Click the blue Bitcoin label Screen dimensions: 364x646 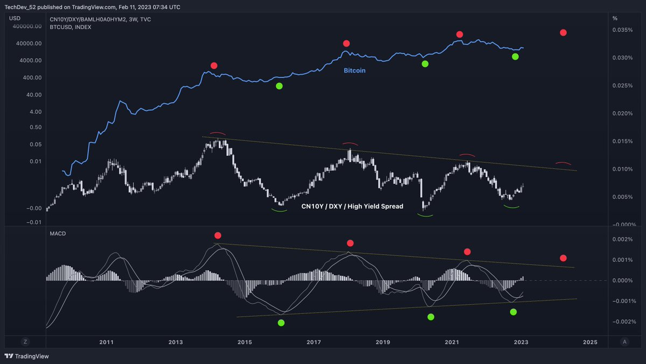pos(355,70)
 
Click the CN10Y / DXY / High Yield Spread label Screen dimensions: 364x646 pos(352,206)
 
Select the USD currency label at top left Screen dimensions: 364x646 pos(15,18)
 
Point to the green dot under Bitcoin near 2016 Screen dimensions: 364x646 pos(279,86)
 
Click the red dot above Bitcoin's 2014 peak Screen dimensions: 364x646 pos(214,66)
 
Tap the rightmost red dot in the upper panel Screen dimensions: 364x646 pos(563,33)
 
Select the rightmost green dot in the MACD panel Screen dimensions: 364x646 pos(513,312)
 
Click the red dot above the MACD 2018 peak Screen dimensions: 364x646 pos(350,243)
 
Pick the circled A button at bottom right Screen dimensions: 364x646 pos(624,341)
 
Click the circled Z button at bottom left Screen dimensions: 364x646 pos(25,341)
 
